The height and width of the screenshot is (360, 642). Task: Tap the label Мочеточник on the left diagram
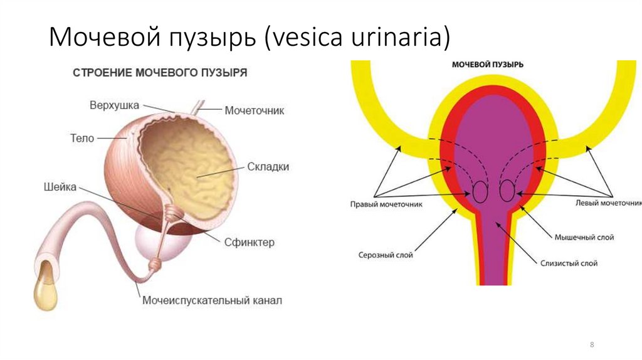click(x=255, y=110)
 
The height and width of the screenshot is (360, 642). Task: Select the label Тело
click(x=82, y=137)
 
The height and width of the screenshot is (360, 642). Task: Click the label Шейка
click(x=61, y=186)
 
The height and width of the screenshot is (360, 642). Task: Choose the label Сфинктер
click(x=249, y=242)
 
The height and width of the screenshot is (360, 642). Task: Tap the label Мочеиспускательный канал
click(x=212, y=300)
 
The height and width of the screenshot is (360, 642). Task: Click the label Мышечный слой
click(x=584, y=238)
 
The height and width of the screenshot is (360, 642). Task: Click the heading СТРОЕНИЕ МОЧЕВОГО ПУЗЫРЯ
click(x=160, y=73)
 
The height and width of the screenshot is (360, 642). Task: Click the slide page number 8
click(x=592, y=346)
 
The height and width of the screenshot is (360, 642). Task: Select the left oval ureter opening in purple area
click(x=480, y=191)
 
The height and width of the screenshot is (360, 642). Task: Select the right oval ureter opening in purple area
click(x=507, y=191)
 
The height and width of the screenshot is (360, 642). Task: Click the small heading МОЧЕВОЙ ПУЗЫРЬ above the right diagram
click(x=487, y=65)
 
